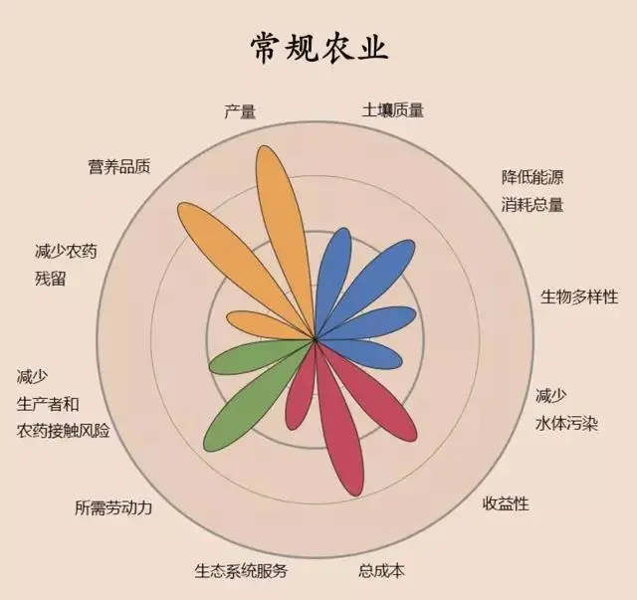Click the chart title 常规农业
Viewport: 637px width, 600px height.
(319, 49)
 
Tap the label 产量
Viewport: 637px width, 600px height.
(240, 111)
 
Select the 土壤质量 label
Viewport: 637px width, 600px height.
(393, 110)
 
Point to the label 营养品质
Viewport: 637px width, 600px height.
(119, 166)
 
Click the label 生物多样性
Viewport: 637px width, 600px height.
(579, 297)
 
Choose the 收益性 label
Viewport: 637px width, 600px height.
(506, 503)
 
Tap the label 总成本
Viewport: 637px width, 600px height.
(381, 571)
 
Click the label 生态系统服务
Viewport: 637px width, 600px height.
(241, 571)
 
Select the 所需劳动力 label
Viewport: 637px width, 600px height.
(113, 507)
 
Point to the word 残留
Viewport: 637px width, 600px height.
(51, 279)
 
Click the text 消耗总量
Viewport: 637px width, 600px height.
(532, 204)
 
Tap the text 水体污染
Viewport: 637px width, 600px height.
(566, 424)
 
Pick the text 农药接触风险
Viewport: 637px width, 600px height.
(64, 431)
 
